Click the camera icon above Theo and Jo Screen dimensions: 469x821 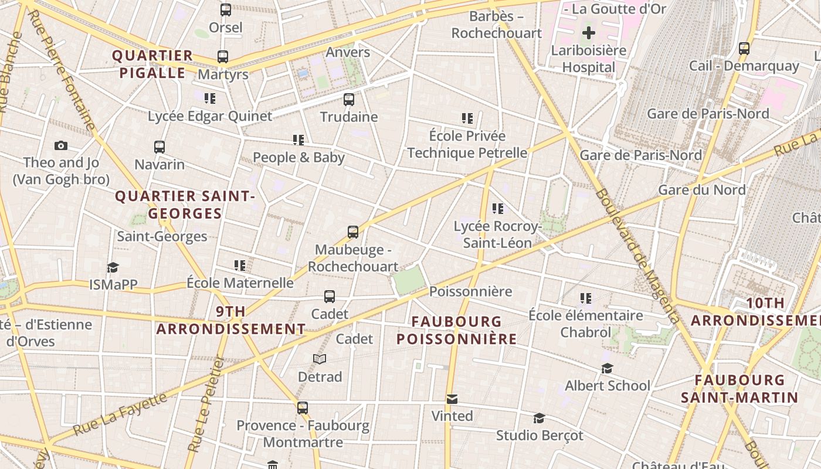point(60,145)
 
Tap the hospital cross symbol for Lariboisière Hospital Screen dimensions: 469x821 point(589,33)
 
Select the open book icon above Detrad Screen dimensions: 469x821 point(319,359)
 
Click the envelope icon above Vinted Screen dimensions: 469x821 point(452,399)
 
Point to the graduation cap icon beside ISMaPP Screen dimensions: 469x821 point(113,268)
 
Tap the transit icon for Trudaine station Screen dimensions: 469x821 point(349,99)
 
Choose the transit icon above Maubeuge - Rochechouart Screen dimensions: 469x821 point(352,232)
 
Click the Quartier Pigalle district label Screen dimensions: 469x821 point(152,64)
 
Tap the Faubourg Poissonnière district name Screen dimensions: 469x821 point(456,330)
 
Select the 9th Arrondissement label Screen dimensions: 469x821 point(231,320)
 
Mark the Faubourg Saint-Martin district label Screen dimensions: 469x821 point(739,389)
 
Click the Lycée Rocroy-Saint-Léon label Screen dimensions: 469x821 point(497,235)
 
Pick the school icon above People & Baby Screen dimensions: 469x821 point(298,140)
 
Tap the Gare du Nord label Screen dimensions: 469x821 point(701,189)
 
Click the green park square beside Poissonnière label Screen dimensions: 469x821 point(409,280)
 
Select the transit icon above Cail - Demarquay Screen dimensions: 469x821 point(744,49)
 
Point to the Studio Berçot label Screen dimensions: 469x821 point(540,435)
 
